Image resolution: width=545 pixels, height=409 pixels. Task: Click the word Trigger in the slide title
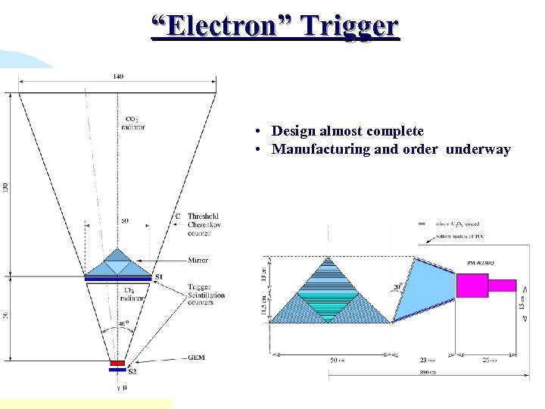click(349, 27)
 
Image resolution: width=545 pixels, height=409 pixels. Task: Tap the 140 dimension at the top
click(118, 76)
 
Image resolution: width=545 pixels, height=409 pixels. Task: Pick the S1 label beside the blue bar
click(158, 278)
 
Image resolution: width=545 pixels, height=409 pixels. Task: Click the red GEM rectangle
click(117, 364)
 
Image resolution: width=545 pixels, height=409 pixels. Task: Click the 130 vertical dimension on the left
click(6, 186)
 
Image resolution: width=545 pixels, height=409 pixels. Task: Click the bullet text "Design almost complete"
click(347, 132)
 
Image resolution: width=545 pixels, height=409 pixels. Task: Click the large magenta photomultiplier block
click(472, 286)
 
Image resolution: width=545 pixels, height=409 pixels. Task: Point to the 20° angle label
click(397, 287)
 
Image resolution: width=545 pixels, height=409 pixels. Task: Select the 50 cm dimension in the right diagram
click(336, 361)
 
